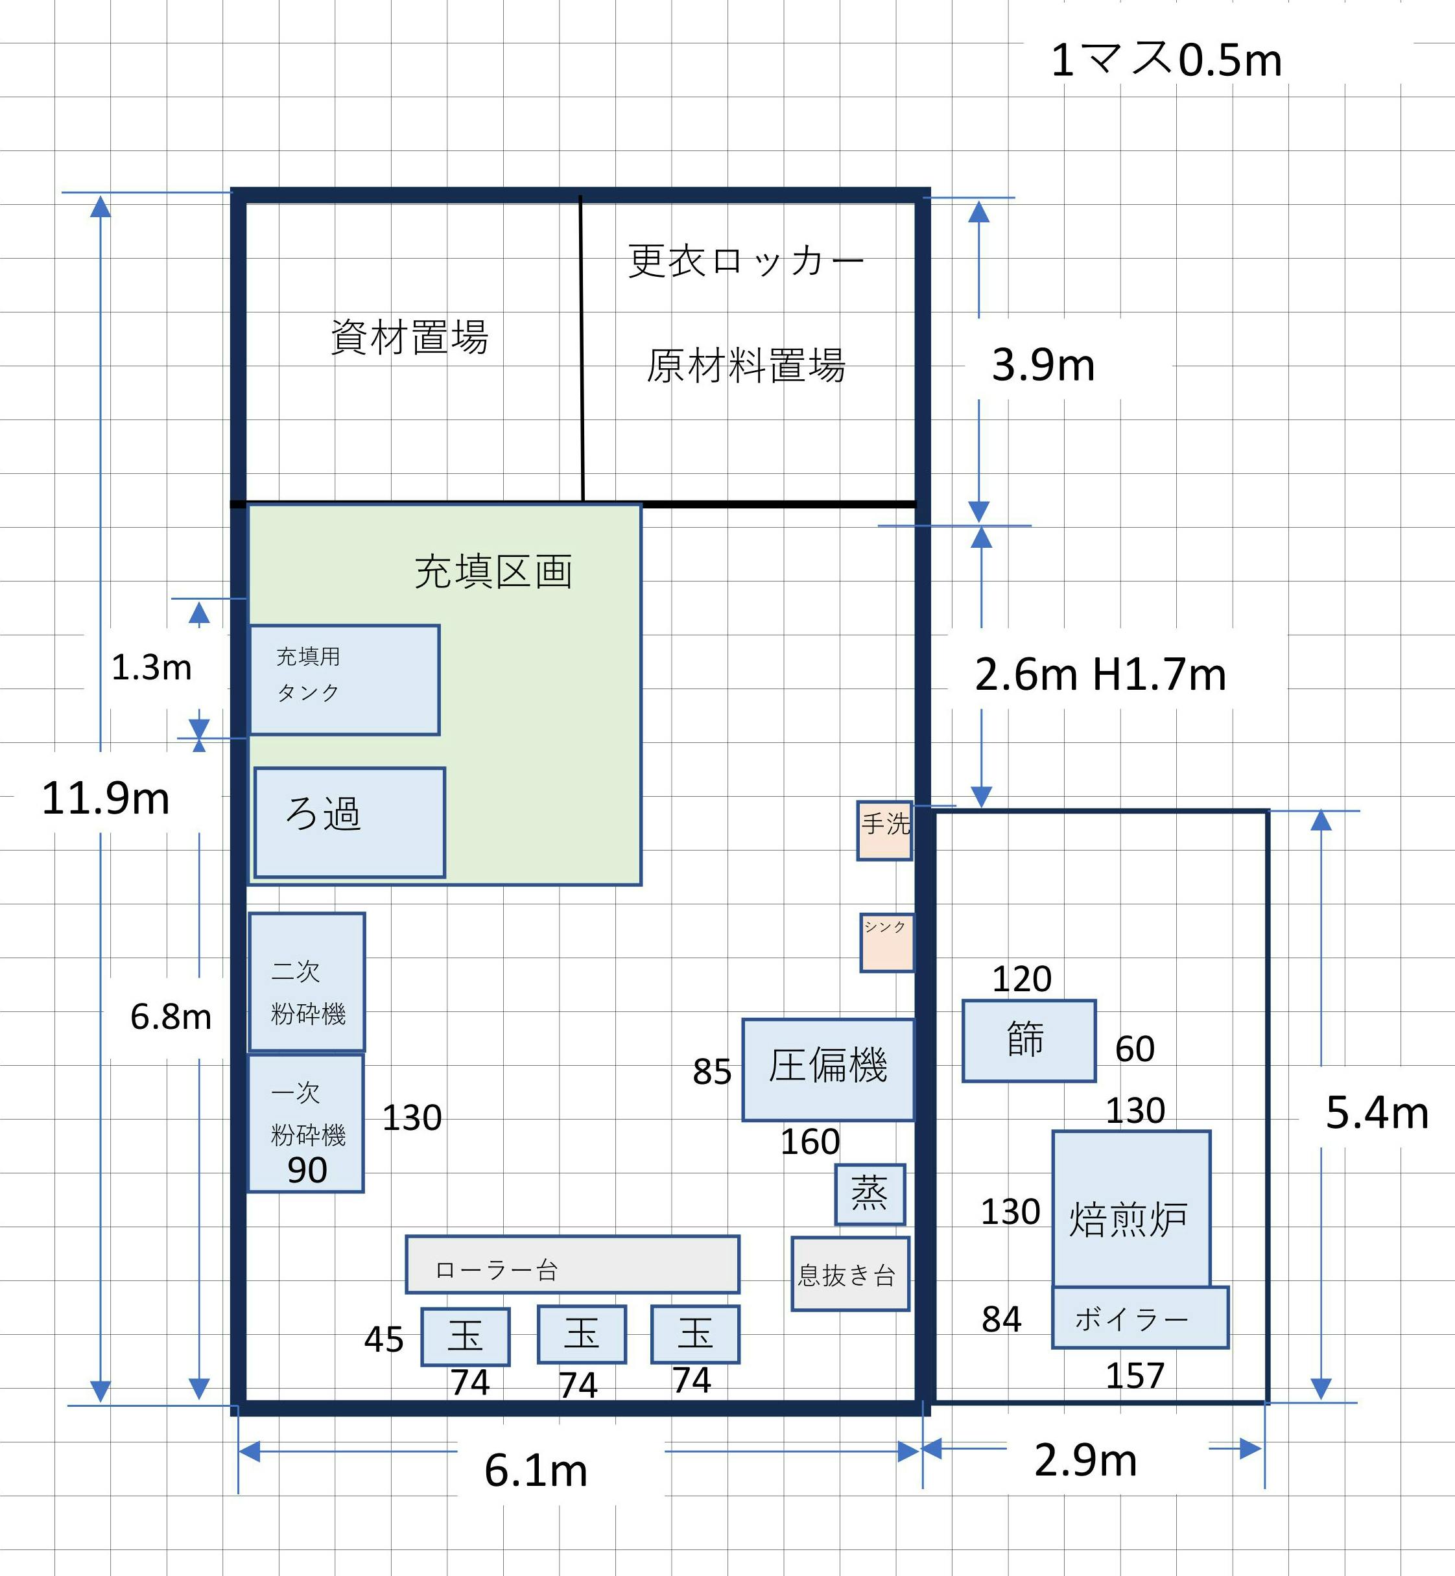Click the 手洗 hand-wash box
tap(885, 830)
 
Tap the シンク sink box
tap(887, 943)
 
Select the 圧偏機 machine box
tap(828, 1070)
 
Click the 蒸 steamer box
tap(870, 1194)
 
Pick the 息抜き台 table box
tap(850, 1274)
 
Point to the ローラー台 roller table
tap(573, 1264)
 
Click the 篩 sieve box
tap(1029, 1041)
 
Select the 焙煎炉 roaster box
tap(1131, 1210)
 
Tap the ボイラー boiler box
tap(1140, 1318)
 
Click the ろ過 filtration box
tap(349, 822)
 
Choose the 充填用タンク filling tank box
tap(344, 680)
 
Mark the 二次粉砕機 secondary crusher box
tap(307, 982)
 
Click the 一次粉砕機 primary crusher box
tap(306, 1123)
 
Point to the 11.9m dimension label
tap(106, 798)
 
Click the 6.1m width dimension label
tap(536, 1470)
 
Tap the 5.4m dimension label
tap(1377, 1113)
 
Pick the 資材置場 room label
tap(409, 337)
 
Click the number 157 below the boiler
tap(1135, 1375)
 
